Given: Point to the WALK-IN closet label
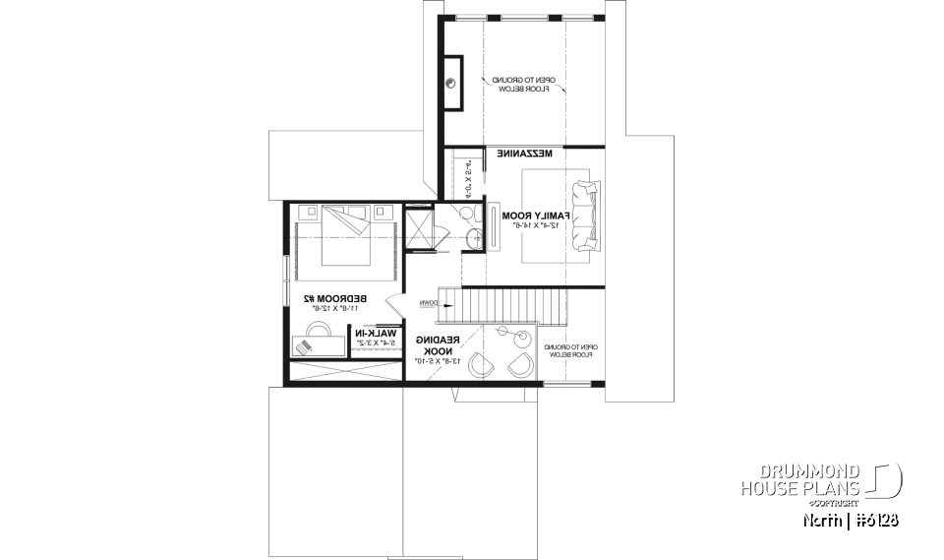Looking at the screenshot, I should pos(378,334).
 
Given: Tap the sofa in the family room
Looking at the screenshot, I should pos(586,216).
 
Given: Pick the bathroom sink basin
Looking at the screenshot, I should pos(474,236).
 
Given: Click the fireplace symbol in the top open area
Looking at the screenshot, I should pos(453,84).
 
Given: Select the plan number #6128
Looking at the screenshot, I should pos(873,519).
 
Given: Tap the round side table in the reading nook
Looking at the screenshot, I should pos(501,333).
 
